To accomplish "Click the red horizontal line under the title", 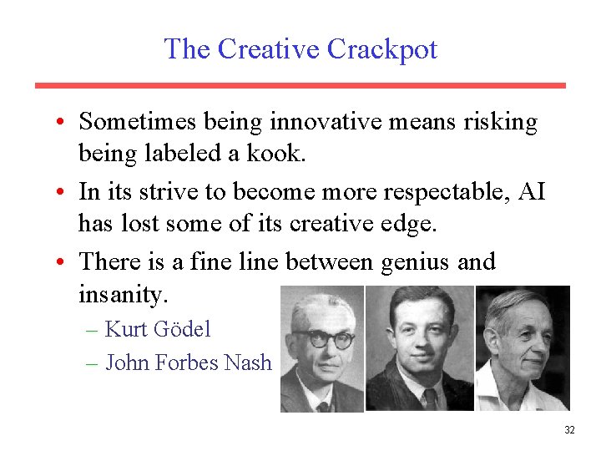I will pyautogui.click(x=300, y=85).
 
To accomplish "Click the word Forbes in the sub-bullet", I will pyautogui.click(x=194, y=362).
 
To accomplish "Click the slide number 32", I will pyautogui.click(x=569, y=430).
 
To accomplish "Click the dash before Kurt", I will pyautogui.click(x=93, y=329).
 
